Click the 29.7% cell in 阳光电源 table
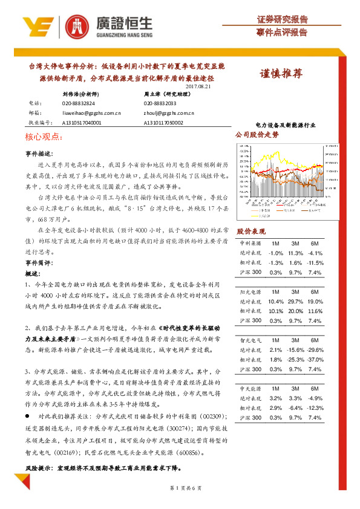click(296, 301)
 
